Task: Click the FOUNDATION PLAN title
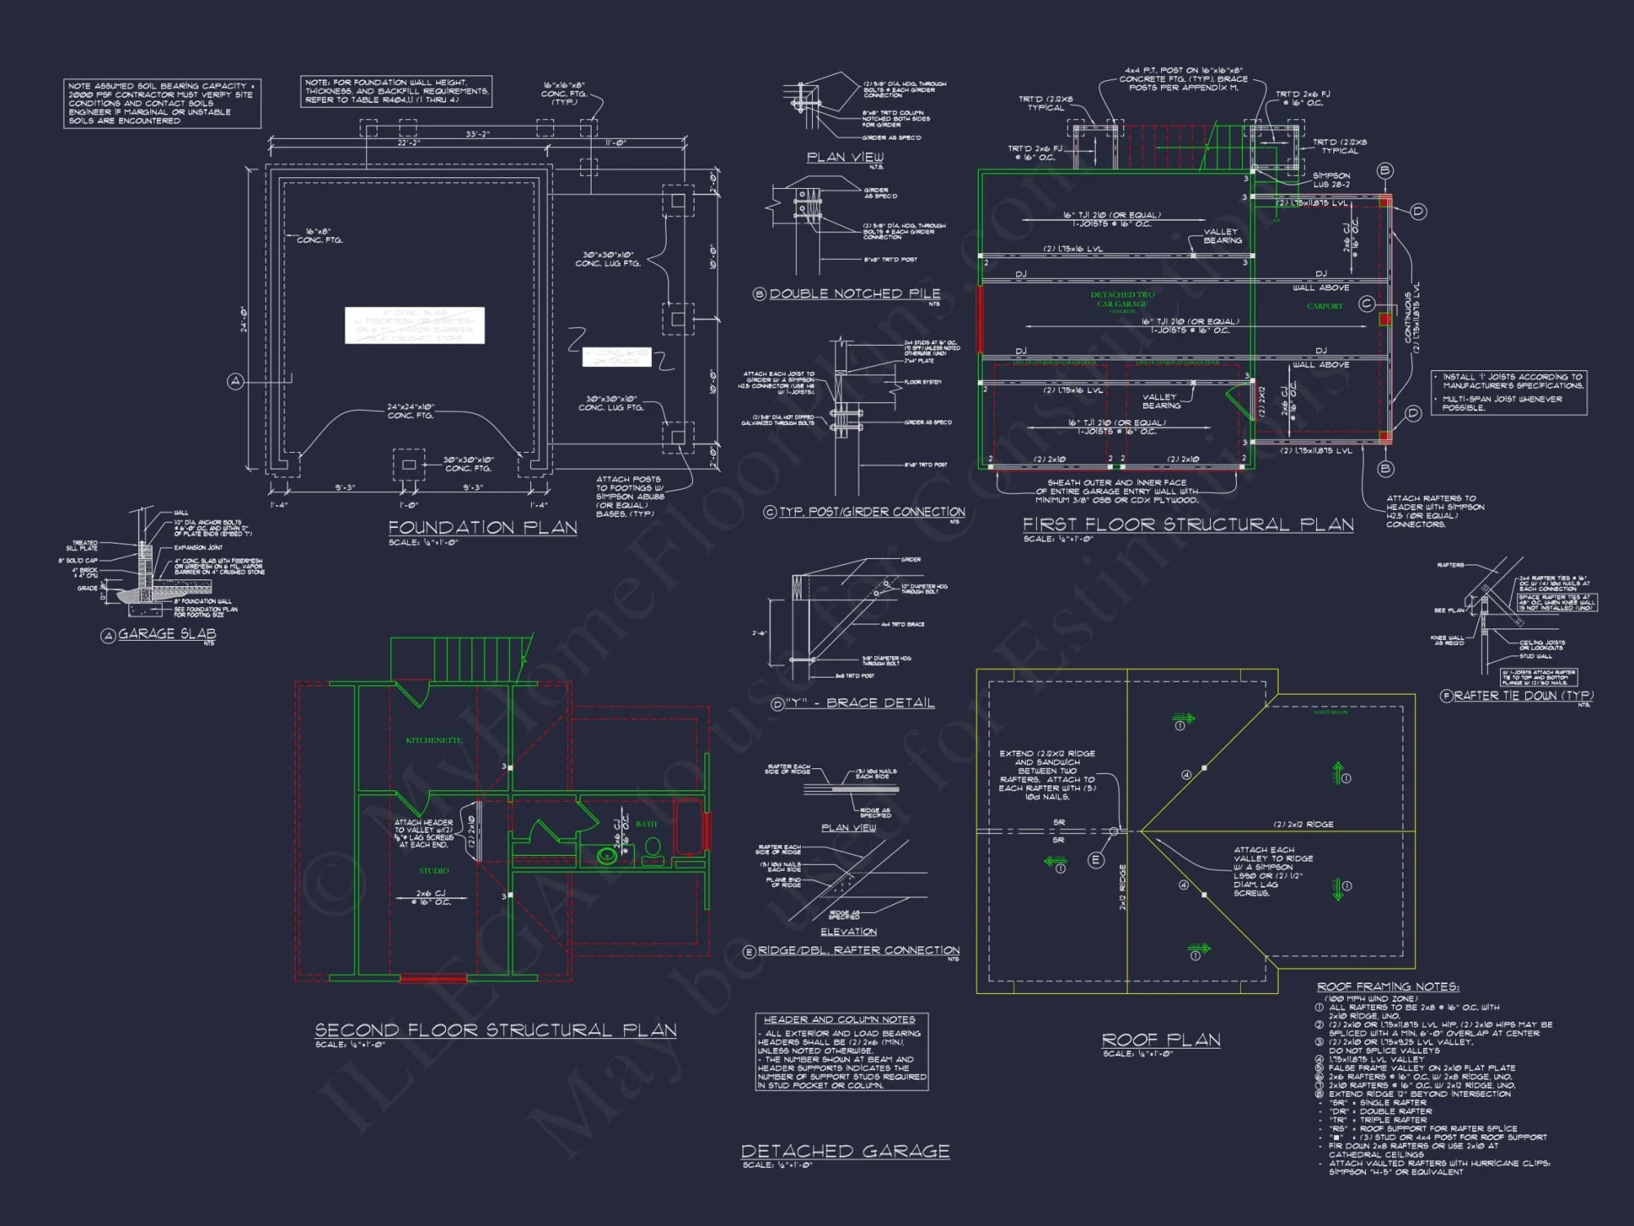pos(482,527)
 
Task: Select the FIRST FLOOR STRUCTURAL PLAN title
pos(1188,524)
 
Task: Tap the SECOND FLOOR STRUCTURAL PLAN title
pos(495,1030)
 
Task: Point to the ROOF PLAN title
pos(1161,1040)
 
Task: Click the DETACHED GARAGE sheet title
pos(845,1151)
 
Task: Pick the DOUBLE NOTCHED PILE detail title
pos(855,293)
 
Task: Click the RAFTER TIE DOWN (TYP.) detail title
pos(1523,696)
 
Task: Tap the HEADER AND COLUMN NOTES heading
pos(839,1019)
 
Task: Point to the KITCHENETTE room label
pos(434,741)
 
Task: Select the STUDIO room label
pos(434,870)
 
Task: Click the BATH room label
pos(646,824)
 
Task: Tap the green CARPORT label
pos(1324,306)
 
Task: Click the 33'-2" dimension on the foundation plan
pos(478,134)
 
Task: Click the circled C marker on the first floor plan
pos(1366,304)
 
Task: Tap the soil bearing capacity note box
pos(162,103)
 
